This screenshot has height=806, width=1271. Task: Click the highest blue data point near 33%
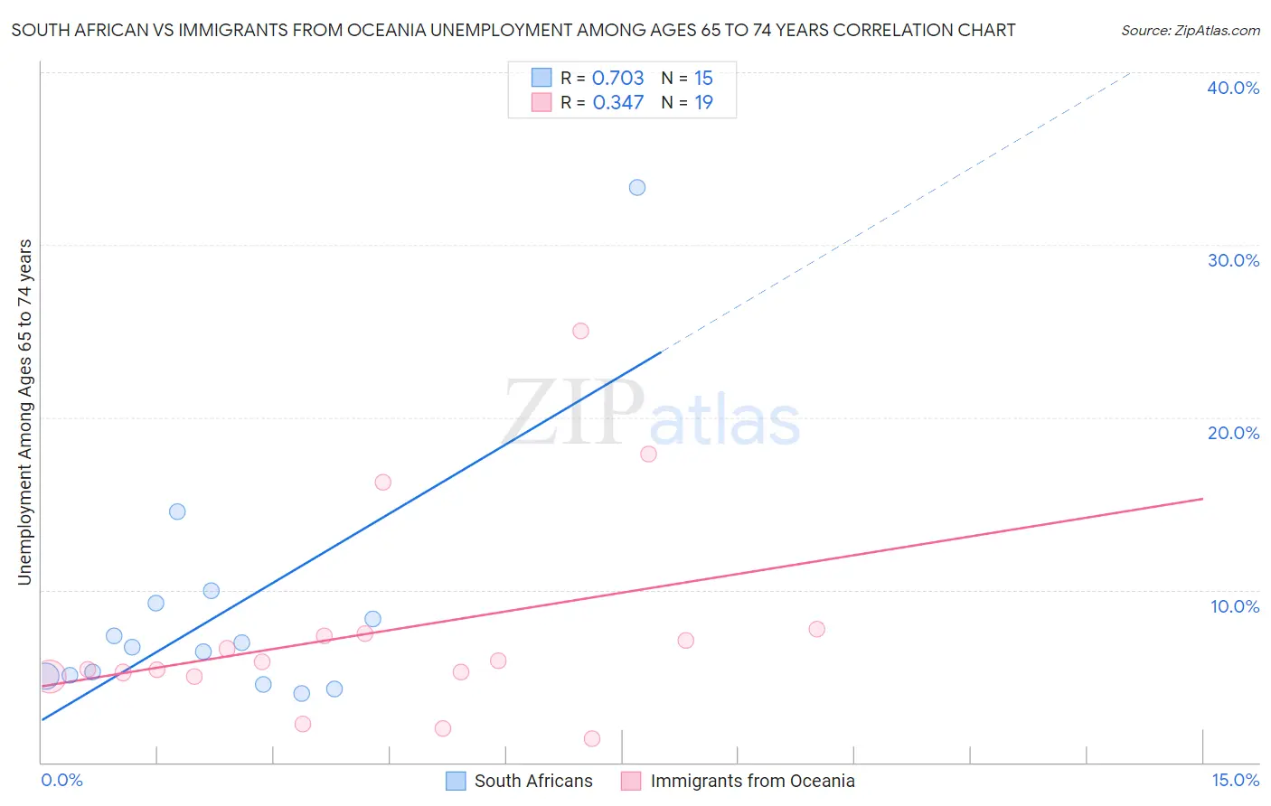tap(637, 188)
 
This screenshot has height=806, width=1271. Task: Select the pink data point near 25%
tap(580, 331)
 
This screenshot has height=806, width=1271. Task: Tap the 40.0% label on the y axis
tap(1233, 88)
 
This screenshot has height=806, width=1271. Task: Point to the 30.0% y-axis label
tap(1233, 260)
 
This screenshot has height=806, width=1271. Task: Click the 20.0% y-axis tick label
tap(1233, 433)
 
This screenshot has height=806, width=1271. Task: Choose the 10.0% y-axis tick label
tap(1234, 606)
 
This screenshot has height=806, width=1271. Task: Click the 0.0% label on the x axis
tap(62, 780)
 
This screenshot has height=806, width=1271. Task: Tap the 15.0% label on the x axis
tap(1235, 780)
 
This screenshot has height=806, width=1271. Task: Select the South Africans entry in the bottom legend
tap(533, 781)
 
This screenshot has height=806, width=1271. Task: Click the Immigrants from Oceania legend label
tap(752, 781)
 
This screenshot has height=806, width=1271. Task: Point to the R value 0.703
tap(617, 79)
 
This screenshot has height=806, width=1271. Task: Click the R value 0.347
tap(617, 103)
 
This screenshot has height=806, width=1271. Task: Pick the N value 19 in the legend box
tap(703, 103)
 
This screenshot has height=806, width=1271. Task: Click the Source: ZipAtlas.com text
tap(1190, 31)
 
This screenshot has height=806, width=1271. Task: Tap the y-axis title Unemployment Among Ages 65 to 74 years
tap(25, 412)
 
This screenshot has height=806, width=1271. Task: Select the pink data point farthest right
tap(816, 629)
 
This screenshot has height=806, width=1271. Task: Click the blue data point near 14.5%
tap(177, 511)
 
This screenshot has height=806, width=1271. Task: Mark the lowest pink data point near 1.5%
tap(592, 738)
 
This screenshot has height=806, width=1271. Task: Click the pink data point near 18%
tap(648, 454)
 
